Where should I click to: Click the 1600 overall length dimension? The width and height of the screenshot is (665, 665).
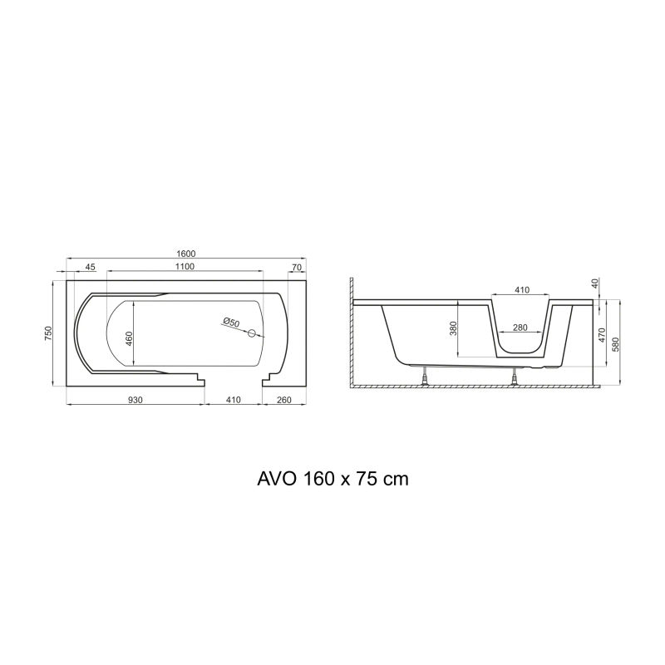185,254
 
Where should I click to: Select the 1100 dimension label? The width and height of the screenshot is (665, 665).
185,266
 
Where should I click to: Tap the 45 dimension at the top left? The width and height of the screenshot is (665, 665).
91,267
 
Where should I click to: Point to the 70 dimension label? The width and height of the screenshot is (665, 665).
297,267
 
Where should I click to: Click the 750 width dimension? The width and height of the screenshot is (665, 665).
48,333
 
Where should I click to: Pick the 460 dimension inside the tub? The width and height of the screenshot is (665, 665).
130,337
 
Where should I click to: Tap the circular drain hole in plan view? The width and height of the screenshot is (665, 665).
252,333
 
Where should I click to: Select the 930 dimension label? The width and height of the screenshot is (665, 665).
135,400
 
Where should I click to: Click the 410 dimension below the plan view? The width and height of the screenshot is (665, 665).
234,400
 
